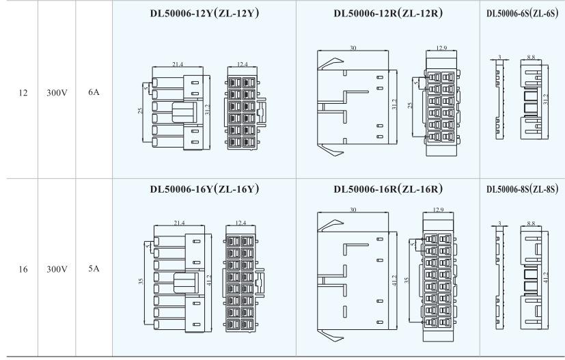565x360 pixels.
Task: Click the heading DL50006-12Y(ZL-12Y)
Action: (x=204, y=14)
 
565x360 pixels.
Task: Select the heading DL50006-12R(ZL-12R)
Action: (x=388, y=14)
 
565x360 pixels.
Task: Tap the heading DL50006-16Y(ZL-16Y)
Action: (x=204, y=189)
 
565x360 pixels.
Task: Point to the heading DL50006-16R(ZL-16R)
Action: (x=388, y=189)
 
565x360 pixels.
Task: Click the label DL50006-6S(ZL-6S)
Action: (x=522, y=14)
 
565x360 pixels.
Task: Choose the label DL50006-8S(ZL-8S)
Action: (x=522, y=189)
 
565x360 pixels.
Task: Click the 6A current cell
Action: (x=94, y=92)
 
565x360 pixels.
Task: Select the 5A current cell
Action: (x=94, y=269)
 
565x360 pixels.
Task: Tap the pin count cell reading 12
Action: (x=23, y=93)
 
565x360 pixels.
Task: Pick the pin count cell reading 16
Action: (x=23, y=269)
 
